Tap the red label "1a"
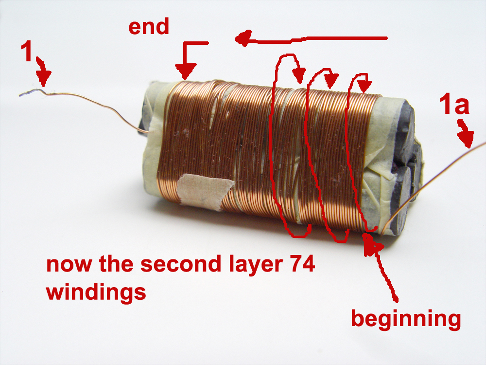[x=454, y=105]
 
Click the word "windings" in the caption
[x=96, y=293]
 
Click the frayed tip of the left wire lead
[x=23, y=94]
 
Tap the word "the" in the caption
[x=115, y=266]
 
